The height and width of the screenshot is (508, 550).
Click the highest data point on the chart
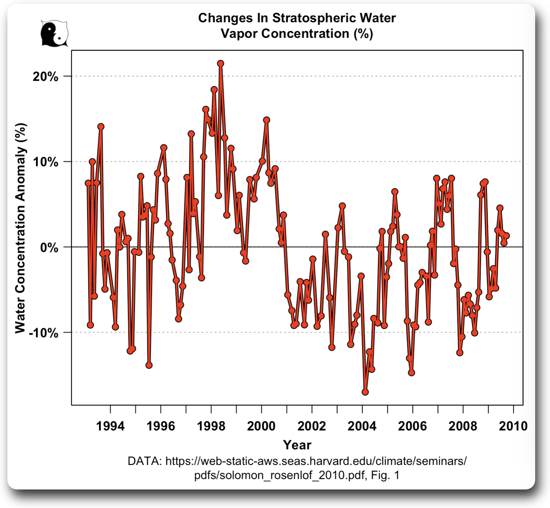221,63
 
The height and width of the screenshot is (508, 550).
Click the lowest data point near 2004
365,392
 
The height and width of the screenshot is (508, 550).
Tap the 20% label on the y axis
46,77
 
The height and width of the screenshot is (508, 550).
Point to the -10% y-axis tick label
44,333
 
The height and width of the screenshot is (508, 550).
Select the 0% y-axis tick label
49,247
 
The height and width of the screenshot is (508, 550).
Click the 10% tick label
46,162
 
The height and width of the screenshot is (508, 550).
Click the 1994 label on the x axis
110,426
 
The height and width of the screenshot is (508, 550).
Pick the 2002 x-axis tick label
312,426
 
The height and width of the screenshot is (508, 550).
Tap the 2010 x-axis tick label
513,426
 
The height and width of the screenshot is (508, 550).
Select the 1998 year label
211,426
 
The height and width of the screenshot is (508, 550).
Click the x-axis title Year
297,445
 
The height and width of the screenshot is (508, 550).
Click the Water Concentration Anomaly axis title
20,228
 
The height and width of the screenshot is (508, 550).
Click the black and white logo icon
54,33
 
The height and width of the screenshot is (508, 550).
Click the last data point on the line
506,236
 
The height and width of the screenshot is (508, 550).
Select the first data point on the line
88,183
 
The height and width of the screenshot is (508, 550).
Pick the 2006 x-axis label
412,426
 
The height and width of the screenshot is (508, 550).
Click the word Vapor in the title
239,33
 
